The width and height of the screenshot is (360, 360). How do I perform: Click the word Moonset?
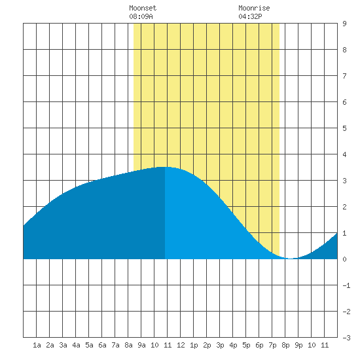pos(143,8)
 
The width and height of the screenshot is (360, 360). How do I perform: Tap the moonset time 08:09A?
pos(141,16)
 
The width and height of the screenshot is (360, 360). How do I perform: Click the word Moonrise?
pos(254,8)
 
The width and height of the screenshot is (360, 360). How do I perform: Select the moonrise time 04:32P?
pos(250,16)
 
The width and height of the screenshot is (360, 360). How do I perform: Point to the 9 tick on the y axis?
pos(344,24)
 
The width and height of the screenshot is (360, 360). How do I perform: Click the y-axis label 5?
pos(344,128)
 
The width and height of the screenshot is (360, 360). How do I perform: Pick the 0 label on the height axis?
pos(344,259)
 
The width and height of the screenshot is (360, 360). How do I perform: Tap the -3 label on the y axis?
pos(346,338)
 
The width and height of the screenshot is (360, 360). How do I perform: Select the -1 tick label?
pos(346,285)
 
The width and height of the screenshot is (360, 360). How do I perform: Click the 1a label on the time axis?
pos(37,345)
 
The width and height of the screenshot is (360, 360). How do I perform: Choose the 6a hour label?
pos(102,345)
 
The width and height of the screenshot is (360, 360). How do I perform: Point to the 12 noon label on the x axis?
pos(181,345)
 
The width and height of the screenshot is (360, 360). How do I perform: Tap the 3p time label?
pos(220,345)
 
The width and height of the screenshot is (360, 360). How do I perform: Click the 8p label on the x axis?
pos(285,345)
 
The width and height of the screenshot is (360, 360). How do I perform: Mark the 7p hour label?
pos(272,345)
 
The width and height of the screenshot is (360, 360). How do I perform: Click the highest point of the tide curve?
pos(164,167)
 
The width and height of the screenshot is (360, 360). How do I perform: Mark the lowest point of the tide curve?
pos(291,259)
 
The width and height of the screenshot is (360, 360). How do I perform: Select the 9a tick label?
pos(141,345)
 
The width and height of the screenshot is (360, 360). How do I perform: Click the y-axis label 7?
pos(344,76)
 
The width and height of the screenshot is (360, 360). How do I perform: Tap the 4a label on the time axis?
pos(76,345)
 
